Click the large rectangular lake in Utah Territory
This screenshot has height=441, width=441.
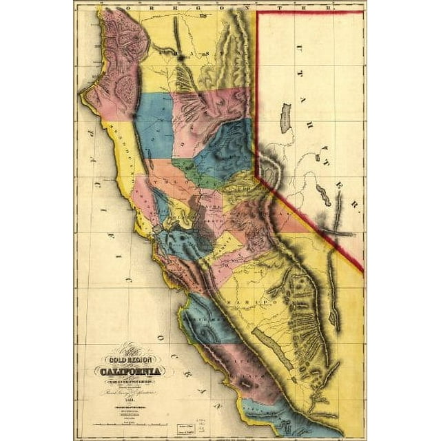(285, 118)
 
